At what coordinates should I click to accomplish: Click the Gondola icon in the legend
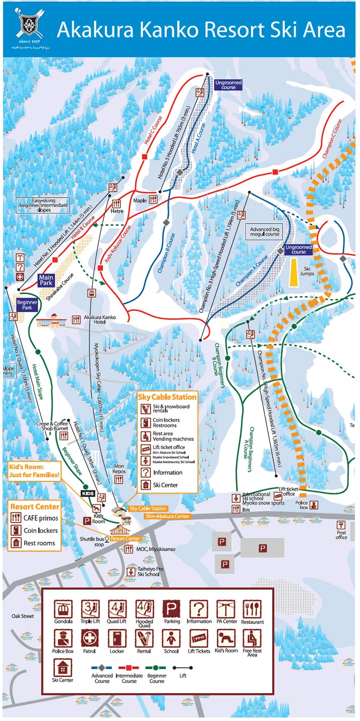tap(63, 609)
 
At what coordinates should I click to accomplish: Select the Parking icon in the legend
tap(171, 609)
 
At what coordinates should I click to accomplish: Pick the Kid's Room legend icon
tap(225, 639)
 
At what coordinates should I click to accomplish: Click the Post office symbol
tap(341, 525)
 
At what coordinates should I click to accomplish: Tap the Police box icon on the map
tap(314, 505)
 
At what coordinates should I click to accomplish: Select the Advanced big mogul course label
tap(265, 232)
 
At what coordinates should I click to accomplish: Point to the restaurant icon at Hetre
tap(117, 204)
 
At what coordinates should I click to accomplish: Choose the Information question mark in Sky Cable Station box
tap(146, 472)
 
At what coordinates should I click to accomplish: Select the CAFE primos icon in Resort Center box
tap(16, 517)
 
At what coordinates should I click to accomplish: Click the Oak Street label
tap(23, 616)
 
